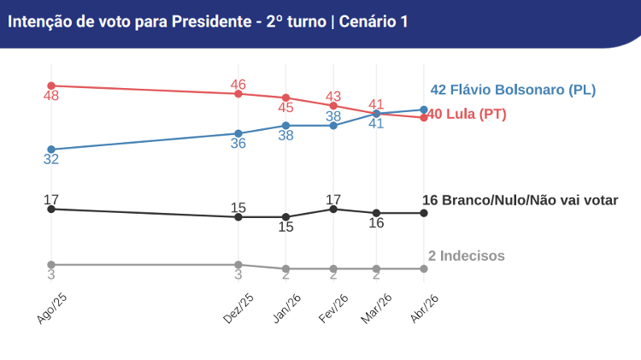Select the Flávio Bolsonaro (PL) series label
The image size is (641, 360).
(513, 90)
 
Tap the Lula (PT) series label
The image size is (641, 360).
(466, 115)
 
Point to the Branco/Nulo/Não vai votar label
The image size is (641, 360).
(520, 200)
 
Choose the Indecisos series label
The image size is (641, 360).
(467, 256)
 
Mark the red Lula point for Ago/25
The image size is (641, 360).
(51, 86)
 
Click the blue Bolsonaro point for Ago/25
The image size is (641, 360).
(51, 150)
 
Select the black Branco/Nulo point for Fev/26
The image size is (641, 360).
(333, 209)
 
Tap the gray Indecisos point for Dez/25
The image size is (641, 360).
(238, 264)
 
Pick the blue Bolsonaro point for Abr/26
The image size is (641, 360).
(424, 109)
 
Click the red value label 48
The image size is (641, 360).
(51, 97)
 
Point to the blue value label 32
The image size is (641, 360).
(51, 160)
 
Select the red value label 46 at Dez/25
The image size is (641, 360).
(238, 84)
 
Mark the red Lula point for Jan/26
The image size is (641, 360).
(286, 97)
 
